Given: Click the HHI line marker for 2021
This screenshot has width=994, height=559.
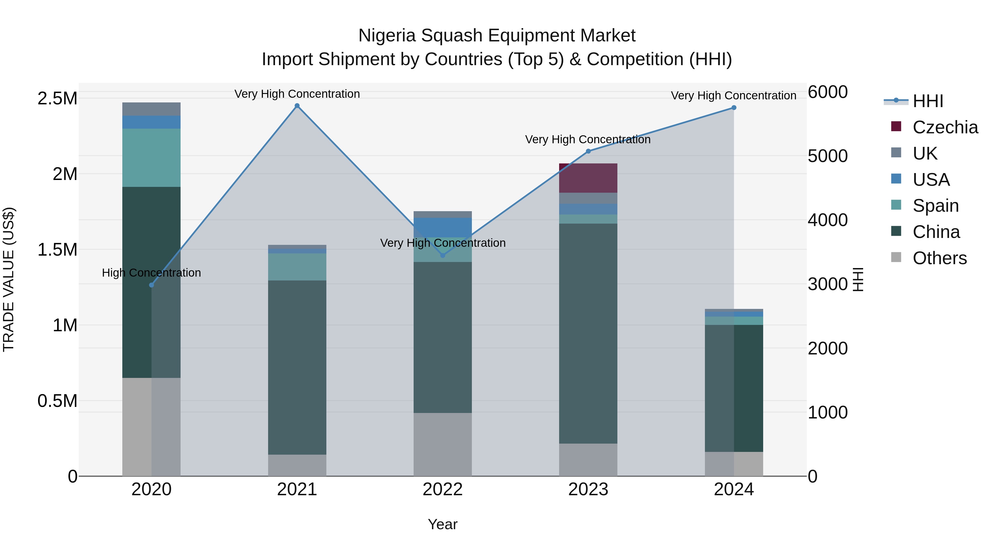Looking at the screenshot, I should tap(297, 106).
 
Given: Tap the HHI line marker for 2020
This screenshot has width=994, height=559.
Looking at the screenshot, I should tap(151, 285).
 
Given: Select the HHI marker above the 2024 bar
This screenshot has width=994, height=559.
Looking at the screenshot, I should tap(734, 108).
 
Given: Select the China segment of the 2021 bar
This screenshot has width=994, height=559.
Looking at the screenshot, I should tap(297, 367).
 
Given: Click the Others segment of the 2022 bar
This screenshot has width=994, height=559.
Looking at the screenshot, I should tap(442, 444).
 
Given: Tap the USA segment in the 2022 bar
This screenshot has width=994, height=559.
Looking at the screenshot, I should tap(442, 227).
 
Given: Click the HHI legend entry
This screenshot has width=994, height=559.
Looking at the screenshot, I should tap(928, 101).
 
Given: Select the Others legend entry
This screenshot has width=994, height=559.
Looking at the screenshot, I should tap(939, 258).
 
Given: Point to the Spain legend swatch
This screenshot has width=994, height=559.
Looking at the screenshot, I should tap(896, 205).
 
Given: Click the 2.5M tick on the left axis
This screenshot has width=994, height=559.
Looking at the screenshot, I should tap(57, 98).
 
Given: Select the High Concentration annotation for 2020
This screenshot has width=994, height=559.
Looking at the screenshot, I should tap(151, 273).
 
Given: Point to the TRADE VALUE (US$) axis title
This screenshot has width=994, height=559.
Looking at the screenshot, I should tap(9, 279).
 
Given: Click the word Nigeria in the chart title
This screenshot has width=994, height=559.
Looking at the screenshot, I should tap(387, 36).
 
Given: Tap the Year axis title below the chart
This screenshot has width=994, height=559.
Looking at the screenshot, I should tap(442, 524).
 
